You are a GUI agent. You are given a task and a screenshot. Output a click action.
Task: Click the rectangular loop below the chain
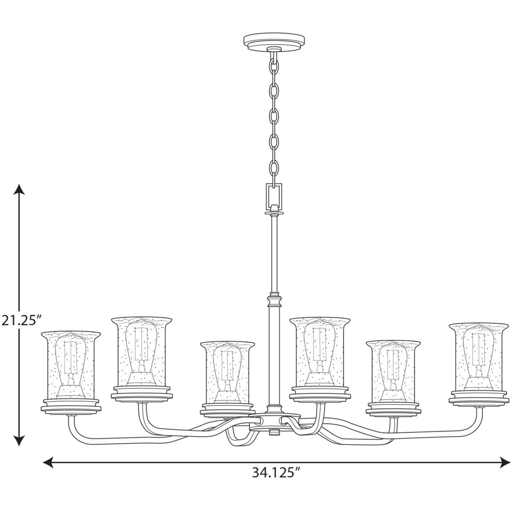pyautogui.click(x=273, y=195)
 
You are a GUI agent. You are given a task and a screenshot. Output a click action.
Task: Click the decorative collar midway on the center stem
pyautogui.click(x=273, y=301)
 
